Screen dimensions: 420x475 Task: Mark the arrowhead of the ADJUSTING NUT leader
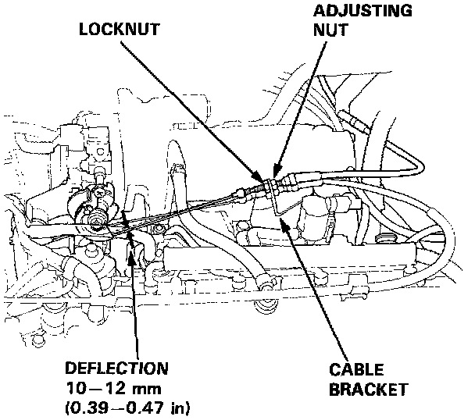(x=275, y=174)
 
